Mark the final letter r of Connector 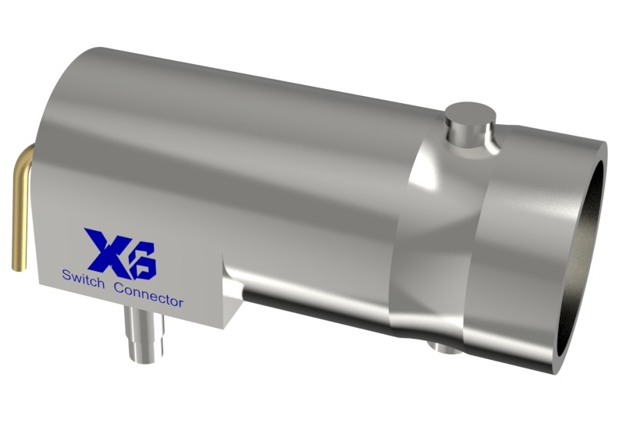coord(180,301)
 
